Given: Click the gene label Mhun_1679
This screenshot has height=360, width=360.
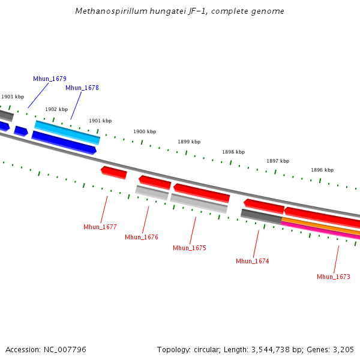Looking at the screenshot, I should click(x=50, y=79).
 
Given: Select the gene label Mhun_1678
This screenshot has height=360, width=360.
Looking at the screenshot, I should click(x=82, y=88).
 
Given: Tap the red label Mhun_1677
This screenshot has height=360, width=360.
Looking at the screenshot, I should click(x=100, y=227).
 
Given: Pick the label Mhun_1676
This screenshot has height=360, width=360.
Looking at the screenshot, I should click(x=142, y=237).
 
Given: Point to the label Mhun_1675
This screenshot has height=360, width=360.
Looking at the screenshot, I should click(x=190, y=248).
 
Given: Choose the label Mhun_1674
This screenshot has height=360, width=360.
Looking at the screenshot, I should click(x=253, y=261).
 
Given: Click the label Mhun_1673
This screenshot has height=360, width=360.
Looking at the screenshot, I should click(x=334, y=277).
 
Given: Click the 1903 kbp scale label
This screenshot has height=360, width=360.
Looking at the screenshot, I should click(x=13, y=97).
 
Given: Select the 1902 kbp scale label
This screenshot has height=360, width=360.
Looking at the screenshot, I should click(x=56, y=109).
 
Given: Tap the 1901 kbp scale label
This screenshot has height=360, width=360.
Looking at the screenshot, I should click(x=100, y=121).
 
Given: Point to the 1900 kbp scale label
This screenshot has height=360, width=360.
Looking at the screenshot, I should click(x=145, y=131).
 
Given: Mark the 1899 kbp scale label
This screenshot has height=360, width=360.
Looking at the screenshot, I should click(x=189, y=142).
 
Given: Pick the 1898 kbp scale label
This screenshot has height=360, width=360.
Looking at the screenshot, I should click(x=233, y=152).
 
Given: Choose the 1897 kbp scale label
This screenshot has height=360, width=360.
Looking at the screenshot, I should click(x=278, y=161).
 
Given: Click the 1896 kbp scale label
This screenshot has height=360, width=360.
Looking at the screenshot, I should click(x=322, y=170).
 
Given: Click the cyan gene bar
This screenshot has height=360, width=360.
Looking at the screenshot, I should click(x=67, y=132).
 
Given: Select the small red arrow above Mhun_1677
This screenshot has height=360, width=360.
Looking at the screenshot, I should click(x=114, y=172).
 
